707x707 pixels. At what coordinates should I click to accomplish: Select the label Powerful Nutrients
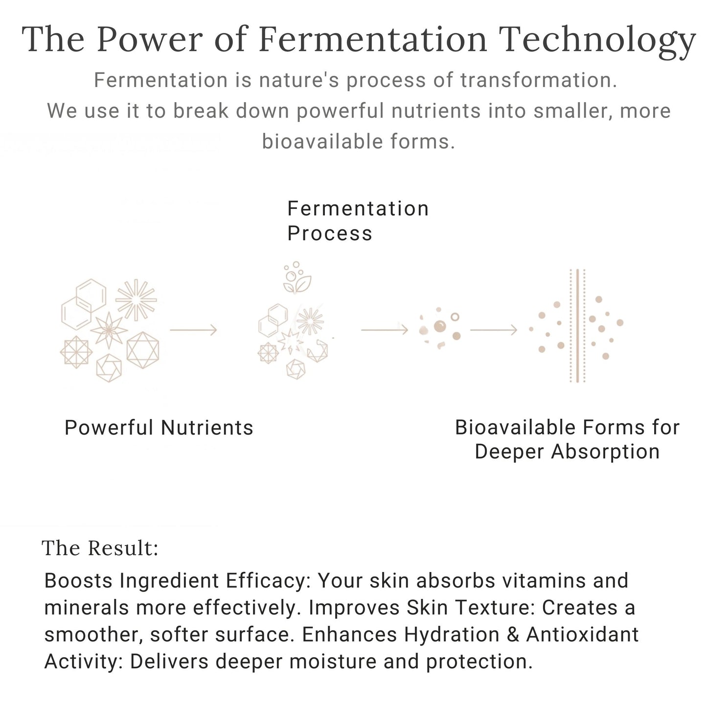tap(159, 428)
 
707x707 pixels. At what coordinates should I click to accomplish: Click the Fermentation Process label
tap(358, 221)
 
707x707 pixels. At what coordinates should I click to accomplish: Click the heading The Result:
tap(100, 548)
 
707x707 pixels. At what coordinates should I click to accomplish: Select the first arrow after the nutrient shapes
tap(193, 330)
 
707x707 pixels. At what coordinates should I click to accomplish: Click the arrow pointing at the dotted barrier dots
tap(493, 330)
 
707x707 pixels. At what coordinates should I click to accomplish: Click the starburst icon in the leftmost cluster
tap(136, 300)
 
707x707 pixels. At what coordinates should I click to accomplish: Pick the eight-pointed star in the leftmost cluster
tap(109, 330)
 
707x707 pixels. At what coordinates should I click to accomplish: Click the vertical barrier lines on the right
tap(577, 325)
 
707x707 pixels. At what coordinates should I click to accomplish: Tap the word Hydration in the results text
tap(452, 635)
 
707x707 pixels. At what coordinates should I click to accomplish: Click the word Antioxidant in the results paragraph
tap(582, 635)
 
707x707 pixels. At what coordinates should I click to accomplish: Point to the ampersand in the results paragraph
tap(513, 635)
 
